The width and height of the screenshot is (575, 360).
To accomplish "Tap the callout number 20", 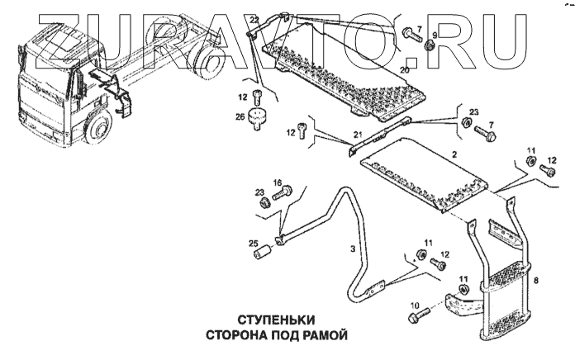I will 405,70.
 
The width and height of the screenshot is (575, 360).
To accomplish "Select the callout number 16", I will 278,182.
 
